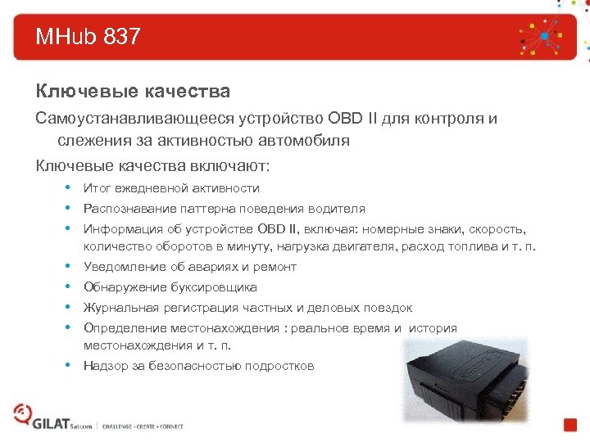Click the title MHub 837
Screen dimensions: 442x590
click(88, 37)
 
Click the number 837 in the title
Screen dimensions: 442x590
click(122, 37)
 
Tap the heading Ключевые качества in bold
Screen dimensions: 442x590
click(132, 90)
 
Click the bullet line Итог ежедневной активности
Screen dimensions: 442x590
click(171, 188)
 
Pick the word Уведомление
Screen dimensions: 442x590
click(125, 267)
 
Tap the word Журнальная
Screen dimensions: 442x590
click(120, 308)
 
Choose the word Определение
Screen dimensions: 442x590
click(123, 328)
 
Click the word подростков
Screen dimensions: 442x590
click(279, 366)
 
